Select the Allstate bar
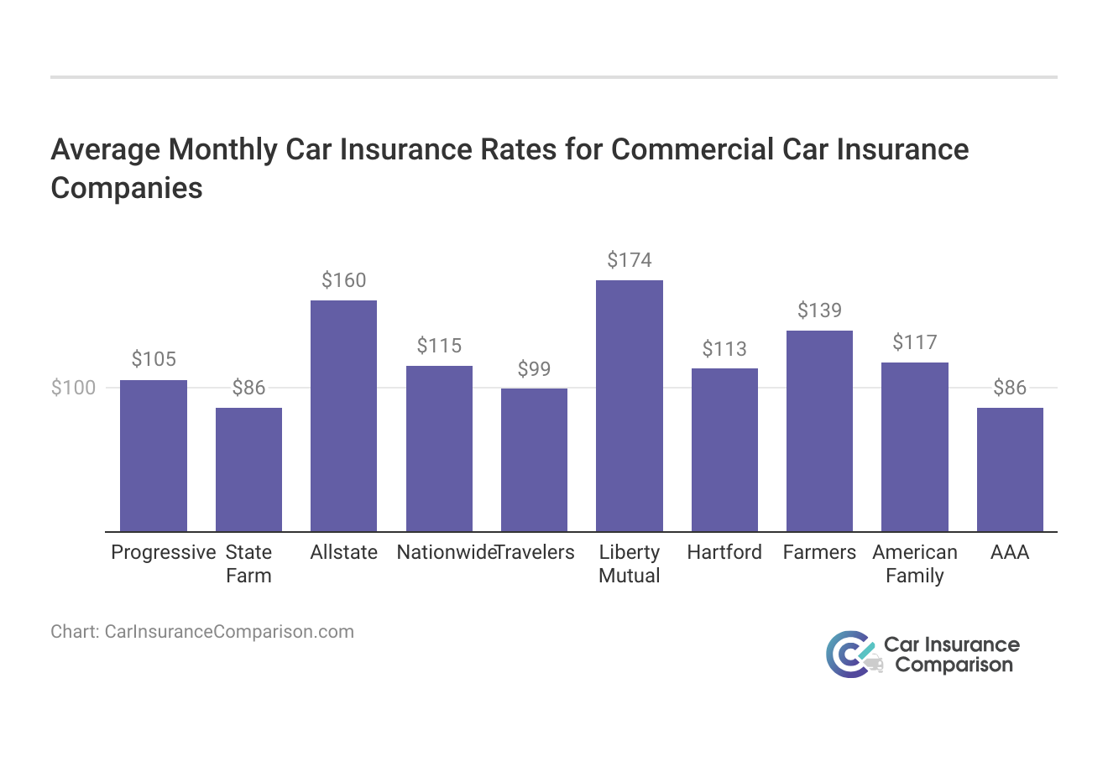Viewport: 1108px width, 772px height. (343, 415)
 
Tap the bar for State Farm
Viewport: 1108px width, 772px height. (248, 469)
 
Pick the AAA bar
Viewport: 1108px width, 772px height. (1010, 469)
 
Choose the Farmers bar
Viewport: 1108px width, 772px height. (819, 430)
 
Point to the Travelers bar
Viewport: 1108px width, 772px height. (534, 459)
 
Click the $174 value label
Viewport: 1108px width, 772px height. (630, 260)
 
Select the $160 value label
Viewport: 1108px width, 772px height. (343, 280)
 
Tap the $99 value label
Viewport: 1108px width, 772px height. (534, 369)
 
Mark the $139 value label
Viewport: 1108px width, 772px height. (819, 310)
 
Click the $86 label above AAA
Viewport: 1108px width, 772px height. (1010, 388)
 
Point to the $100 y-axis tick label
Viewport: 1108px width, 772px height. (74, 388)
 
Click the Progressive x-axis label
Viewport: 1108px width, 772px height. (164, 552)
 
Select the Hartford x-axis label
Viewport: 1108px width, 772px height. (724, 552)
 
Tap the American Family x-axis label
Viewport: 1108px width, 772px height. (915, 564)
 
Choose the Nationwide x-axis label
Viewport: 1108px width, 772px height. (445, 552)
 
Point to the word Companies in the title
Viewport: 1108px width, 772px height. (127, 187)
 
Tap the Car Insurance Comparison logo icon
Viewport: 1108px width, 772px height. (852, 655)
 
